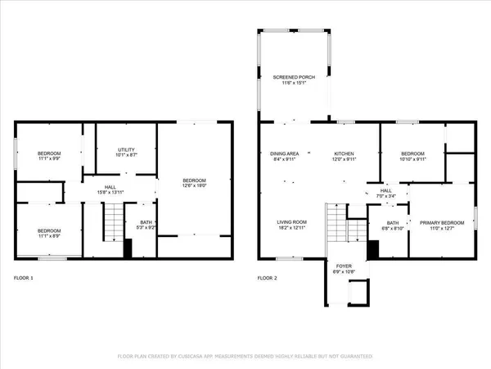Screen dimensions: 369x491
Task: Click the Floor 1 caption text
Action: (26, 278)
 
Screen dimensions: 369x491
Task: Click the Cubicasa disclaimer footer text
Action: (245, 357)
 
